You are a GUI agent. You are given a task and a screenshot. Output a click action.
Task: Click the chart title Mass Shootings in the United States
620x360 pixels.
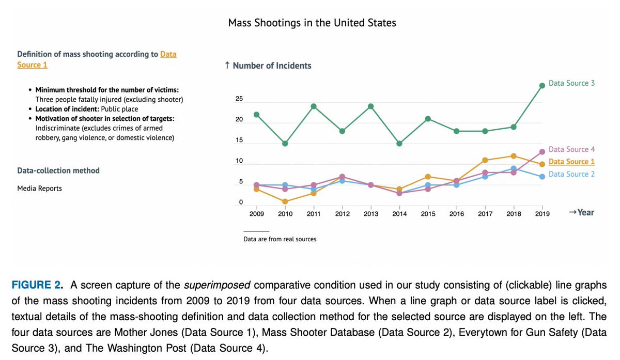pyautogui.click(x=312, y=23)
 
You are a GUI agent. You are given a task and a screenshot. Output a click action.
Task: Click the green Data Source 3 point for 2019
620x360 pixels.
pyautogui.click(x=542, y=86)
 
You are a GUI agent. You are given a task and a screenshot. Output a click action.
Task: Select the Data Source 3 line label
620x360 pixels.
pyautogui.click(x=571, y=83)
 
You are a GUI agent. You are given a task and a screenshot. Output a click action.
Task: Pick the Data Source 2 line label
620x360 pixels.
pyautogui.click(x=571, y=174)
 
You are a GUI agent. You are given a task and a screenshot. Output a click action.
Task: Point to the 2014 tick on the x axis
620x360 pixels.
pyautogui.click(x=399, y=214)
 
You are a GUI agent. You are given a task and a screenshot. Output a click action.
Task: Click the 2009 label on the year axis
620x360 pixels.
pyautogui.click(x=257, y=214)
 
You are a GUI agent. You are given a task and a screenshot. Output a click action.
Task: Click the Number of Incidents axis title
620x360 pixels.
pyautogui.click(x=268, y=66)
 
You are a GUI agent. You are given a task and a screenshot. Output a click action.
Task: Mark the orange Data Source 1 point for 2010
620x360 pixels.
pyautogui.click(x=285, y=201)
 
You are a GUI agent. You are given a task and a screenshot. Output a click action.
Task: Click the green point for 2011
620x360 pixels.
pyautogui.click(x=314, y=106)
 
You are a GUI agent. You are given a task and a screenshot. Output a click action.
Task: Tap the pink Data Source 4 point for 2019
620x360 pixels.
pyautogui.click(x=542, y=152)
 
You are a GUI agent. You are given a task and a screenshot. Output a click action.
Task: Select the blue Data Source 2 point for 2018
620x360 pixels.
pyautogui.click(x=513, y=168)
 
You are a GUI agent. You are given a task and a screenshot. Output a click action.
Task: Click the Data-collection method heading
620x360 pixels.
pyautogui.click(x=58, y=170)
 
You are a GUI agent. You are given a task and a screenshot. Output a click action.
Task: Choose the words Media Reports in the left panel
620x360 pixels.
pyautogui.click(x=39, y=189)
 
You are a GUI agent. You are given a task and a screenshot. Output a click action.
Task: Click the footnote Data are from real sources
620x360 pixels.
pyautogui.click(x=280, y=239)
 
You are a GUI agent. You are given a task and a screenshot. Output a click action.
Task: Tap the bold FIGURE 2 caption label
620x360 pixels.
pyautogui.click(x=37, y=286)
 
